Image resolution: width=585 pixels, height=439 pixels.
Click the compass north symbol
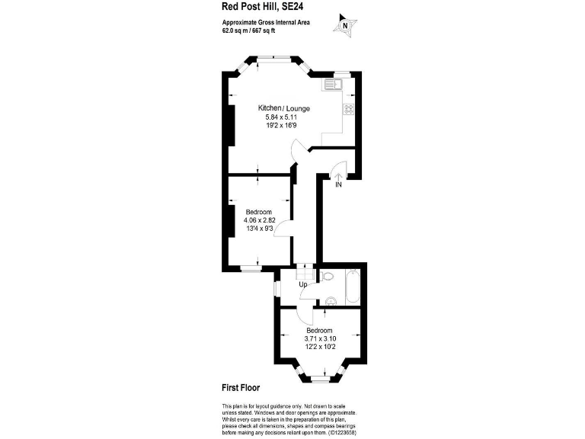[x=346, y=25]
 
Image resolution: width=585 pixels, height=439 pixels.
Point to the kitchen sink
[x=333, y=84]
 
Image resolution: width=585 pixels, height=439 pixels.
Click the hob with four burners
[x=348, y=108]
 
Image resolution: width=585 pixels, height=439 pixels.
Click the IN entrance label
[x=338, y=184]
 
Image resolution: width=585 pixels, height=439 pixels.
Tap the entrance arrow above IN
[x=338, y=175]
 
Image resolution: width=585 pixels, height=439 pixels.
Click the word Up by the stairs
[x=302, y=285]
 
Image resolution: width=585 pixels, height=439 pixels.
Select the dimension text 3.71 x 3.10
[x=320, y=338]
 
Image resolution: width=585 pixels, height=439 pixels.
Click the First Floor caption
[x=241, y=388]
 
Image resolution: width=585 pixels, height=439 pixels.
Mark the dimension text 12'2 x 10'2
[x=320, y=346]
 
